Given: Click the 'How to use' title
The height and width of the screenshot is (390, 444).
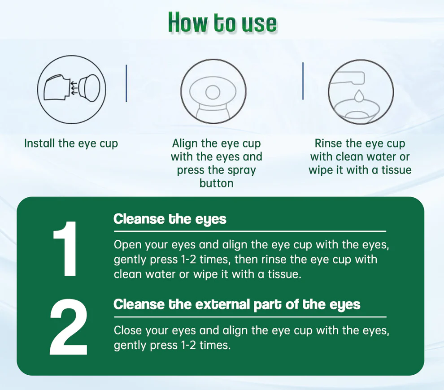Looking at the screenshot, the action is click(x=222, y=23).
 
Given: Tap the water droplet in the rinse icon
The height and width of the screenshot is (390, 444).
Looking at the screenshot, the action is click(x=359, y=95).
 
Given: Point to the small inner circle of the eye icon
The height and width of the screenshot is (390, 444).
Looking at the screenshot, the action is click(x=213, y=92).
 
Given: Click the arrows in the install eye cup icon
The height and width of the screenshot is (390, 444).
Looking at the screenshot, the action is click(x=74, y=88).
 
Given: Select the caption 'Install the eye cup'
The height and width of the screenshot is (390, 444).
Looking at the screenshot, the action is click(x=71, y=143).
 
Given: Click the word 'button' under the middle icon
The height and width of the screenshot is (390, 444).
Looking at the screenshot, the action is click(x=216, y=183).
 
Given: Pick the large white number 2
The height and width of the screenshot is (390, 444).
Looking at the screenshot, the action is click(x=69, y=327).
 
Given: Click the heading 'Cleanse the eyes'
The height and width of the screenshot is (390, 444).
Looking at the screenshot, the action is click(x=170, y=219).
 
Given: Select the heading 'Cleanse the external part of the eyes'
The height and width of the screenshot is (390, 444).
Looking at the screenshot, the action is click(x=237, y=304).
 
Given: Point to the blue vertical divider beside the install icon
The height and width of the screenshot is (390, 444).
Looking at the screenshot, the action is click(x=126, y=83).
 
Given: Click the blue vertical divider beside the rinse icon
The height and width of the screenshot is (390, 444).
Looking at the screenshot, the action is click(x=303, y=81).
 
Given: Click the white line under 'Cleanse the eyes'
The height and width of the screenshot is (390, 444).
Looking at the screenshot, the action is click(x=250, y=231).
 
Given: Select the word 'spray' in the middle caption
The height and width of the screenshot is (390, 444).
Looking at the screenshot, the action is click(x=241, y=170).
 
